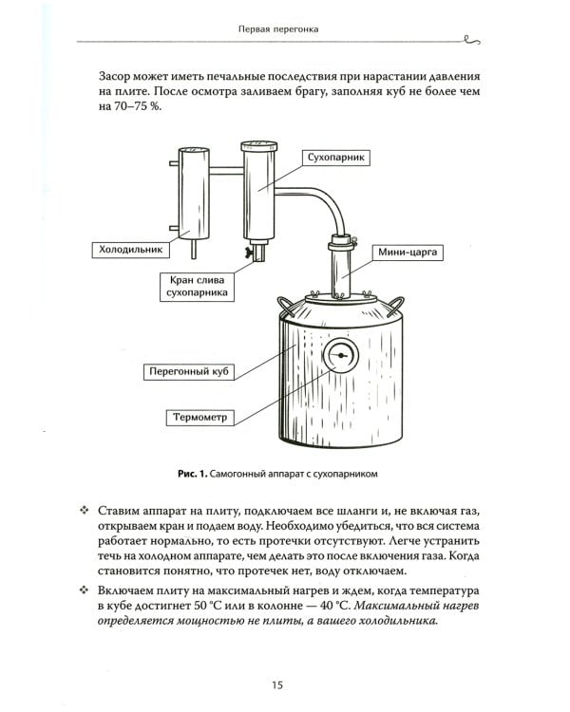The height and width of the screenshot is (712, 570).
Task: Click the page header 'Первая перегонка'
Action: (277, 28)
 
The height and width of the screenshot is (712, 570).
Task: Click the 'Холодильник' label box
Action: (131, 250)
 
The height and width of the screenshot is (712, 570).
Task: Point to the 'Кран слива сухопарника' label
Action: (198, 287)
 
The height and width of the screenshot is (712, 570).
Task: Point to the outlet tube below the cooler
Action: (194, 249)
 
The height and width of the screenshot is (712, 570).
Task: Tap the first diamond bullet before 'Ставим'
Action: (84, 511)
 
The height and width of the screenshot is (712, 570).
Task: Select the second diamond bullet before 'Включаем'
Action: (84, 590)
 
